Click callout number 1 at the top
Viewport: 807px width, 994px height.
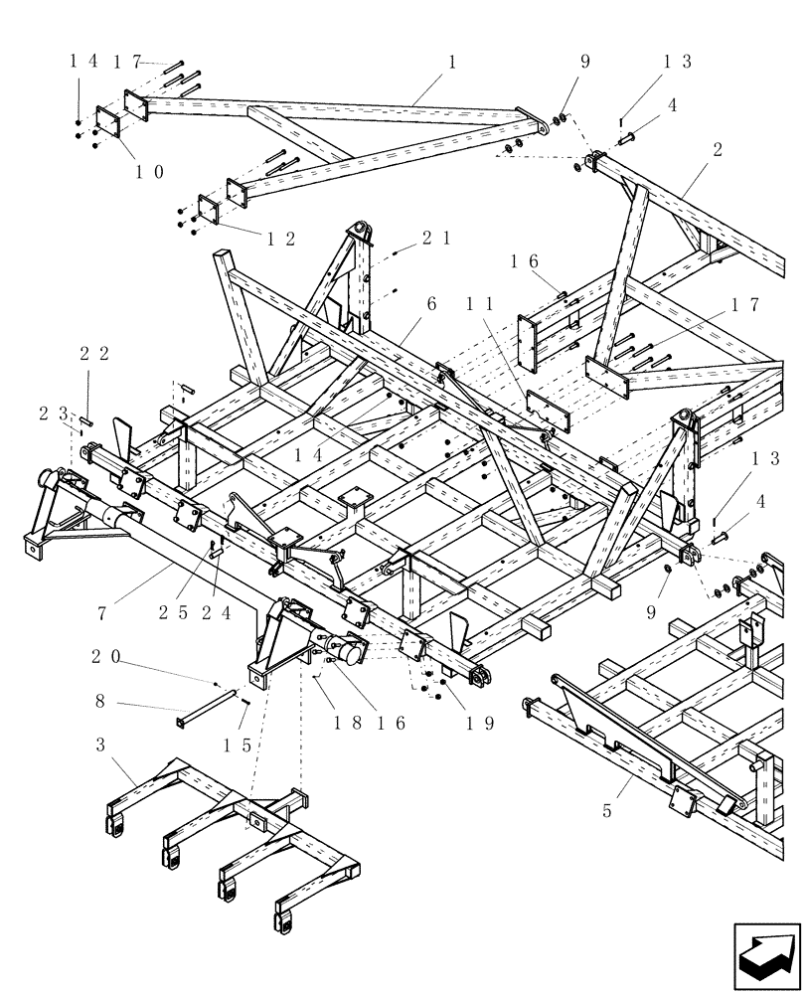[x=452, y=62]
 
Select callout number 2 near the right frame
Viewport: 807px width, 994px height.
[x=717, y=149]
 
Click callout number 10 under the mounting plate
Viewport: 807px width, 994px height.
[x=150, y=170]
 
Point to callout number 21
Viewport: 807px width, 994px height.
[x=429, y=238]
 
